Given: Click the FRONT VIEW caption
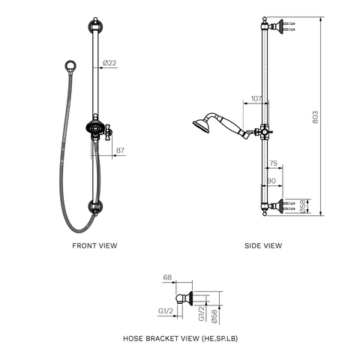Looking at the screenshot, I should [x=94, y=245].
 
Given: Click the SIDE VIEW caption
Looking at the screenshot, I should [x=263, y=245].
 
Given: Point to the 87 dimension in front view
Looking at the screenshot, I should [x=120, y=151].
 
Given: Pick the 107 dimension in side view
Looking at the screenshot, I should [x=256, y=98].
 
